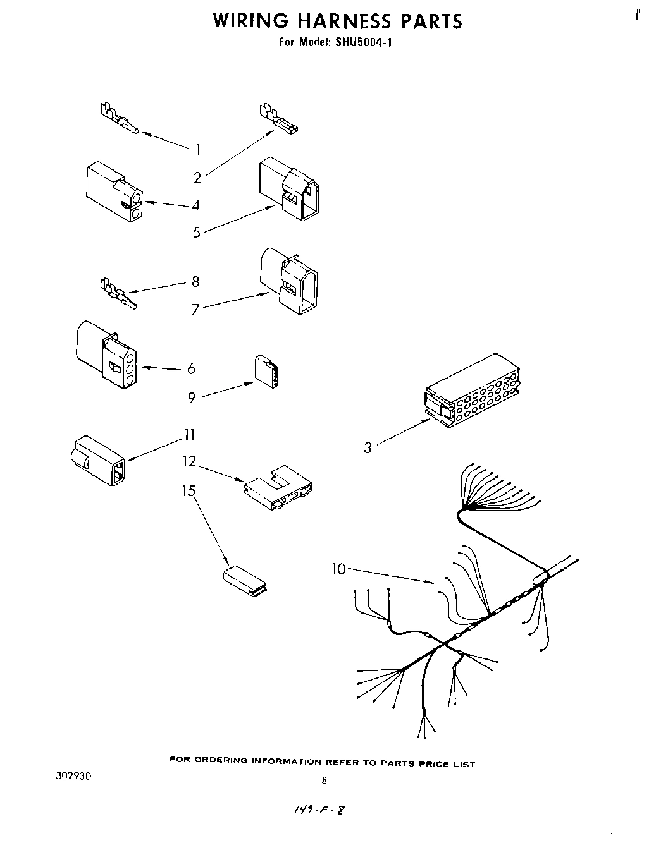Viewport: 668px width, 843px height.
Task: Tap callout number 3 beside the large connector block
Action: (368, 448)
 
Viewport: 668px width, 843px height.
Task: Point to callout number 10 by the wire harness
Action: (340, 569)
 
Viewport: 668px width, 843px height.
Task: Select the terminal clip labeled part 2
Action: (278, 120)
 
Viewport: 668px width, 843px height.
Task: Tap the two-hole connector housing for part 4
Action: (114, 192)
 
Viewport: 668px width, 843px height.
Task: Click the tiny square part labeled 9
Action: (267, 370)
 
